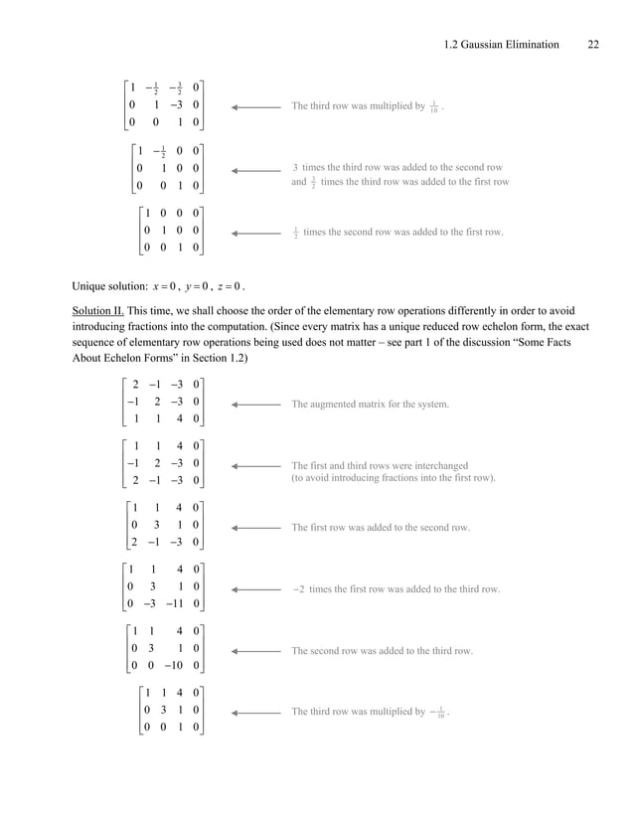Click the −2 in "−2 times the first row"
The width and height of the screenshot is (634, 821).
(x=298, y=589)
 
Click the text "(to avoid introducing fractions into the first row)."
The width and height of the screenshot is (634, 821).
(x=393, y=478)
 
